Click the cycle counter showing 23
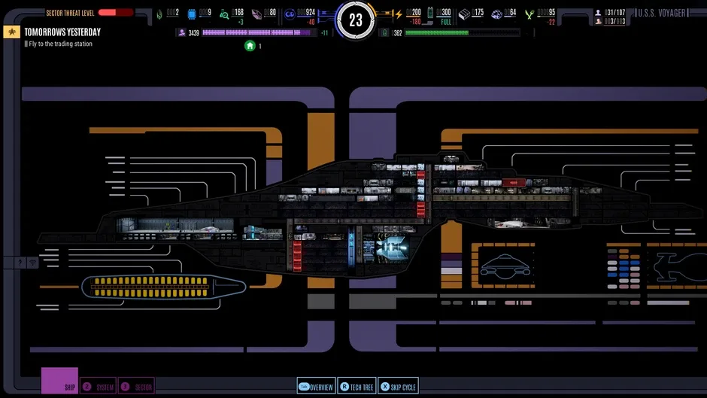pyautogui.click(x=356, y=20)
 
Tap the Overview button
pyautogui.click(x=317, y=387)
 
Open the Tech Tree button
pyautogui.click(x=357, y=387)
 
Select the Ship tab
pyautogui.click(x=59, y=381)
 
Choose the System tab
pyautogui.click(x=99, y=387)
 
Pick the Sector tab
pyautogui.click(x=137, y=387)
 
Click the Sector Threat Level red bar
pyautogui.click(x=115, y=13)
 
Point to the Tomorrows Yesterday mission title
pyautogui.click(x=62, y=32)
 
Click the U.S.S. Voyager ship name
pyautogui.click(x=663, y=13)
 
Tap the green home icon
pyautogui.click(x=250, y=46)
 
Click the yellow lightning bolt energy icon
pyautogui.click(x=399, y=14)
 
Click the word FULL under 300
pyautogui.click(x=445, y=22)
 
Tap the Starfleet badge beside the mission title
pyautogui.click(x=12, y=32)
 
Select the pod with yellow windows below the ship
pyautogui.click(x=162, y=286)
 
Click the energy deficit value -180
pyautogui.click(x=414, y=22)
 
